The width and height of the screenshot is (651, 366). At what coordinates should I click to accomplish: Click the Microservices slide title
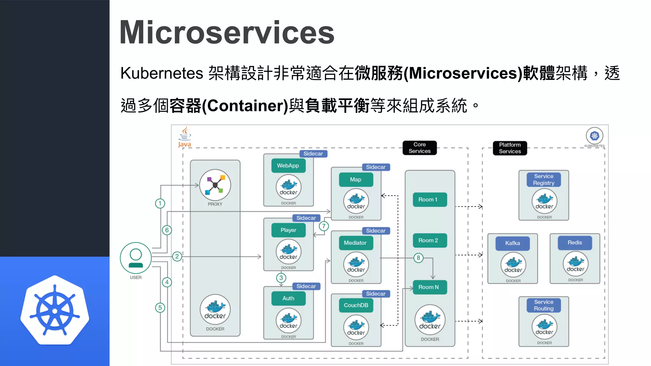click(227, 32)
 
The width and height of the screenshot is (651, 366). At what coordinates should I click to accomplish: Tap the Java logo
click(185, 137)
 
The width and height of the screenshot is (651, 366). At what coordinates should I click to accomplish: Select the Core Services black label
click(419, 148)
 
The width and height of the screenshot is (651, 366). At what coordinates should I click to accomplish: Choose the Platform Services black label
click(510, 148)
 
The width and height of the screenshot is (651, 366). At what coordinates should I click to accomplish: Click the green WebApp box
click(288, 166)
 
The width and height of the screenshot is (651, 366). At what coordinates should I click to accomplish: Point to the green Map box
click(355, 180)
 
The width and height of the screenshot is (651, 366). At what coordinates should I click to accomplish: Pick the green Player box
click(288, 230)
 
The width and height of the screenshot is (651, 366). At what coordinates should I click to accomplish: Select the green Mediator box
click(355, 243)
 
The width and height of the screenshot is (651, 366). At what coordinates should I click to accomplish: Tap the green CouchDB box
click(356, 305)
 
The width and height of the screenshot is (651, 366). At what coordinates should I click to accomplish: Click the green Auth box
click(288, 298)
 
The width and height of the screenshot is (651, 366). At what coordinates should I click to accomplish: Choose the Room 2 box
click(429, 241)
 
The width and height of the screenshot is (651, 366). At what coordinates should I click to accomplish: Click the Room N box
click(429, 287)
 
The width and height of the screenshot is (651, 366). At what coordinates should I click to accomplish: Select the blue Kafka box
click(512, 243)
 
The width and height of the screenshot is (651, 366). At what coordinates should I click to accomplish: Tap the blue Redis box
click(575, 243)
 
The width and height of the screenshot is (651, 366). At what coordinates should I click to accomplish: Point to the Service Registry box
click(544, 180)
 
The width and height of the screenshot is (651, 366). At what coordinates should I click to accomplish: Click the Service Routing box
click(544, 305)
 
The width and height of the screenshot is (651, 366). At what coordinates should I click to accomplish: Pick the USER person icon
click(136, 258)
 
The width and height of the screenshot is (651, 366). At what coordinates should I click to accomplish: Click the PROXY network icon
click(215, 185)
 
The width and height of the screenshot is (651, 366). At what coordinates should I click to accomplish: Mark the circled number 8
click(418, 258)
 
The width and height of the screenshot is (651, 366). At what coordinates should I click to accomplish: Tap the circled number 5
click(160, 308)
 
